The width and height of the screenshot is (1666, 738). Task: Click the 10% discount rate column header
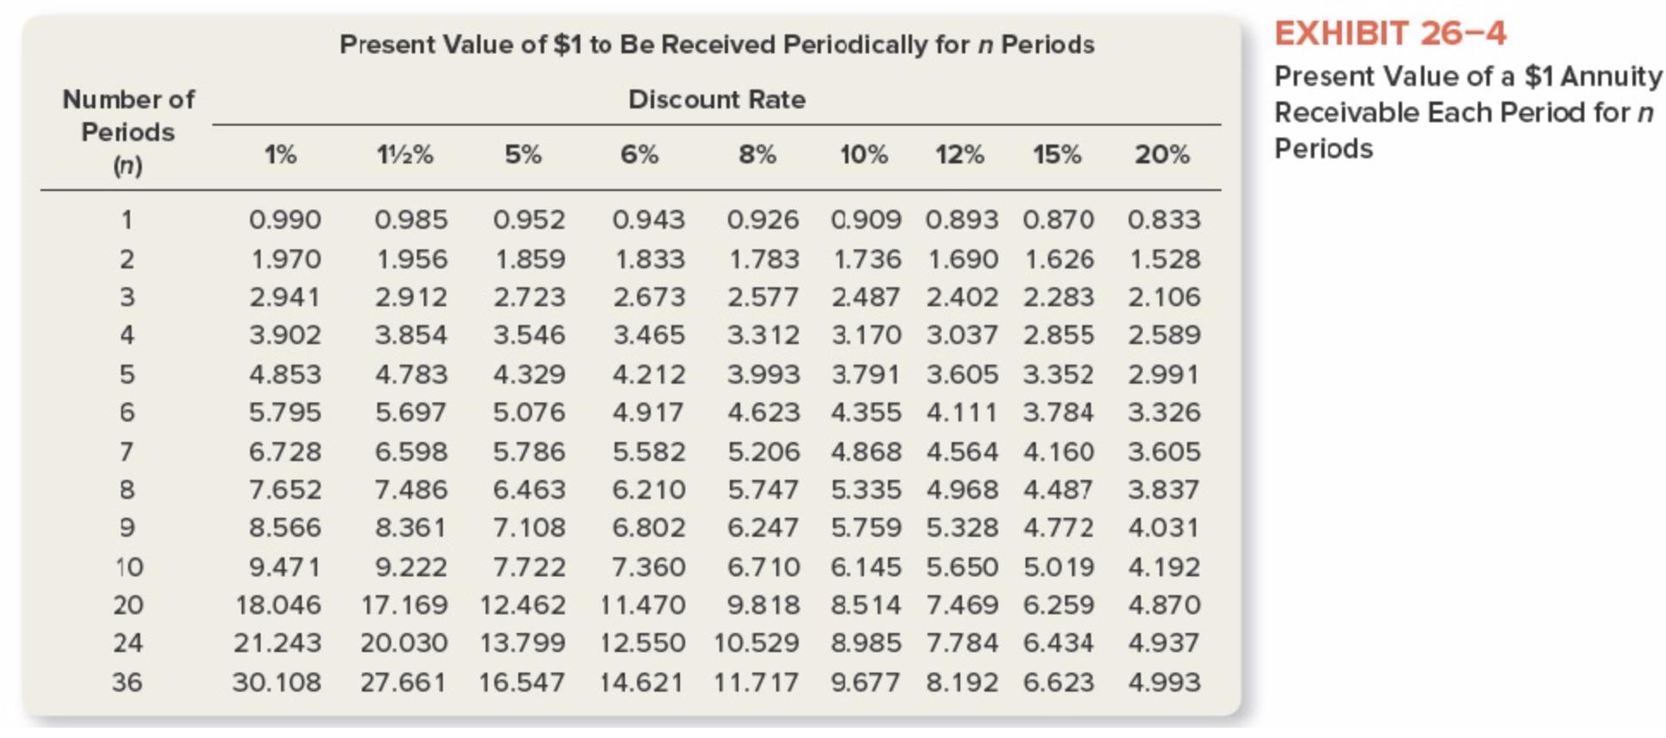point(864,155)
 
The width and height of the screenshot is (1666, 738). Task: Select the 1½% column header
point(405,155)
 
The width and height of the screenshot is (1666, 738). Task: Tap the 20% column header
point(1162,155)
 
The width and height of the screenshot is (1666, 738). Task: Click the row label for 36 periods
point(127,682)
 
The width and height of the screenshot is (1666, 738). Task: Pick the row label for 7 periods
point(127,451)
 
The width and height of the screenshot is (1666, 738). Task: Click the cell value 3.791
point(866,374)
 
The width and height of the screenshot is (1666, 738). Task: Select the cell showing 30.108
point(277,682)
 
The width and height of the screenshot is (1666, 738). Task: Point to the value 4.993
point(1164,682)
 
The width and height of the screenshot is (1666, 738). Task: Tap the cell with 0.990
point(285,219)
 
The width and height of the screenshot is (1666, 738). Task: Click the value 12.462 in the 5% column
point(523,605)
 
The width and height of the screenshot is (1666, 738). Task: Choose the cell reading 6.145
point(866,567)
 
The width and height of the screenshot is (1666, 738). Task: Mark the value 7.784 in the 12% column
point(962,643)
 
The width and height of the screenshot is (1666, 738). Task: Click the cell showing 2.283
point(1058,297)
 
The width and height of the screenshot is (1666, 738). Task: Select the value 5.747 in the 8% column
point(763,489)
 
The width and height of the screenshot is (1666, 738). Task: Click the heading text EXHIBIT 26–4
point(1390,34)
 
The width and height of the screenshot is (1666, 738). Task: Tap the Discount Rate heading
point(717,100)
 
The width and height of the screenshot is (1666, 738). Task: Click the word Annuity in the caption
point(1611,77)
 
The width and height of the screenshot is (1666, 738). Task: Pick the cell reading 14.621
point(642,682)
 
